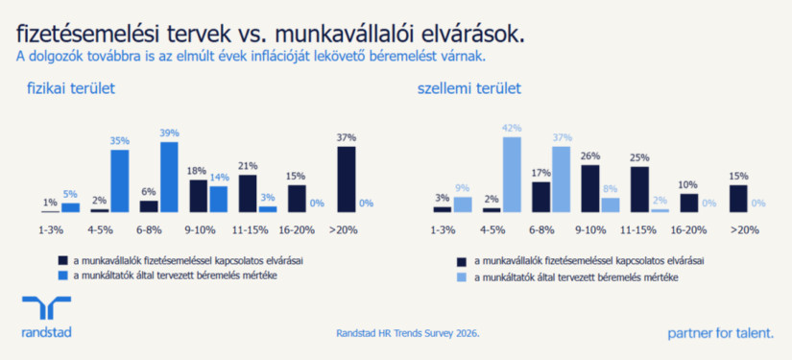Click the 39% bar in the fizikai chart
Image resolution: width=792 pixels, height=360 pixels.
169,177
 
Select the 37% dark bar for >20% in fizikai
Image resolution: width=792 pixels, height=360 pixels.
347,179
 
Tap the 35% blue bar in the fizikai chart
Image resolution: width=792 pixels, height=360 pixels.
119,180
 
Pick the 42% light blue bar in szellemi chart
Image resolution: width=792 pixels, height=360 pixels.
512,174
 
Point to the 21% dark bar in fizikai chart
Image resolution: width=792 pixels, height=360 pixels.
248,193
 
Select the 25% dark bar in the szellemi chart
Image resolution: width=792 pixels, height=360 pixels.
639,189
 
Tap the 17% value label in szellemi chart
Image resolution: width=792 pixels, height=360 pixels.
541,174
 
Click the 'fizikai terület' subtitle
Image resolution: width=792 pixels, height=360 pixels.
71,89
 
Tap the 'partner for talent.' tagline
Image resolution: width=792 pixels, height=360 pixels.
720,333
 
